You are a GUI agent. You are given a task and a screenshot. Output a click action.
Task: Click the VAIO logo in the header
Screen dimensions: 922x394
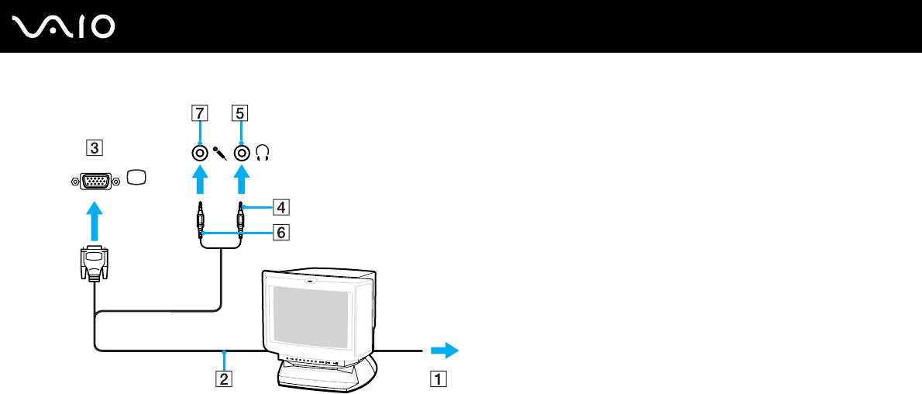64,27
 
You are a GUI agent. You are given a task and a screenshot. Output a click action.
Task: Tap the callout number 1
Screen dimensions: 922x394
438,379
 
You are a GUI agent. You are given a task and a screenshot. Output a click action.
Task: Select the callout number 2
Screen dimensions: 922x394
223,379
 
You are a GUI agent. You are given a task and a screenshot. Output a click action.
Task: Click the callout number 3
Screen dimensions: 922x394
93,147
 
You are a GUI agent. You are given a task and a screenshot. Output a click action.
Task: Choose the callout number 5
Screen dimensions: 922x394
239,112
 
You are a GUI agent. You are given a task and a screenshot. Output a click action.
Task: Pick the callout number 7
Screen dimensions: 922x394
199,112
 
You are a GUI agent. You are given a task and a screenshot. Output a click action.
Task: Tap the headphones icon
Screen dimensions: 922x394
263,154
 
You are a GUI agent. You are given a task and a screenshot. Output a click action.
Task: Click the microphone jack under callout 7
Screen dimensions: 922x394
200,153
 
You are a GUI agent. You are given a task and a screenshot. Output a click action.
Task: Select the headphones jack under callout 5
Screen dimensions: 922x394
242,153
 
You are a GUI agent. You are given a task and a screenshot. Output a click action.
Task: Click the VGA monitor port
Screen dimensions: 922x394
95,180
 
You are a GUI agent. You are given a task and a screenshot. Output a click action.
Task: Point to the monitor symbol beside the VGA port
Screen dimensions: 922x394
136,178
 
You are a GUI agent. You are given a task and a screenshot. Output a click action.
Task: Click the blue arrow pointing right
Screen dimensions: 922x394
444,351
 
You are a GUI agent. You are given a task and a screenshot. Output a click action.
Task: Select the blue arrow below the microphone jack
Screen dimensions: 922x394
200,184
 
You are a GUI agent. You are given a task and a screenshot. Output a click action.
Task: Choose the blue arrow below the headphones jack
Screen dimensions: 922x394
242,184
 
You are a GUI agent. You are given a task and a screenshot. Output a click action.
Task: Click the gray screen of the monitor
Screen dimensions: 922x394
310,318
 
